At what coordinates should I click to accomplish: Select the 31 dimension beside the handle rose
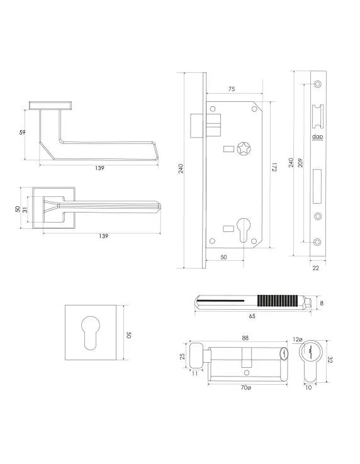[25, 209]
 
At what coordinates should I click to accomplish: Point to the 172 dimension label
[274, 168]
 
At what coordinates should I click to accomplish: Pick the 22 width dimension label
[315, 268]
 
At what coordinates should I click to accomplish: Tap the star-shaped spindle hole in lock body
[242, 150]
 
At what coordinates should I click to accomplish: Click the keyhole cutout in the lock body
[242, 227]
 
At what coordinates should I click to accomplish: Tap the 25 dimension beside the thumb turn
[183, 356]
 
